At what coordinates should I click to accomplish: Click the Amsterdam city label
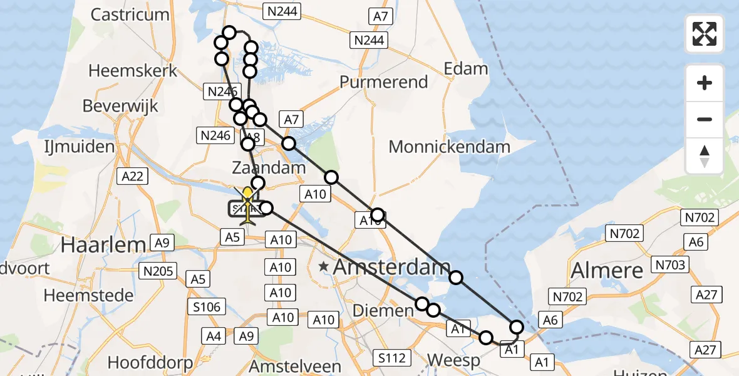pos(391,268)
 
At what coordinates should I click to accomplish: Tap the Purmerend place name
pos(384,82)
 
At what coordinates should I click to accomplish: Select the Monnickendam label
pos(450,147)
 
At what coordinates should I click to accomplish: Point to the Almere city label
pos(607,271)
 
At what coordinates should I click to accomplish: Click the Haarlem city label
pos(103,245)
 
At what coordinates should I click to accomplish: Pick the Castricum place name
pos(130,14)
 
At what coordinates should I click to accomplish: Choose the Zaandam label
pos(269,168)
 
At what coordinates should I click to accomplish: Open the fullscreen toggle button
pos(705,34)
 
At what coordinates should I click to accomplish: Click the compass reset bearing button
pos(705,156)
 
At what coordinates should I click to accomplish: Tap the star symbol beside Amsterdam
pos(324,267)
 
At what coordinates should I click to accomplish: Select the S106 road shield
pos(207,306)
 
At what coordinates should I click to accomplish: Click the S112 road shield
pos(393,358)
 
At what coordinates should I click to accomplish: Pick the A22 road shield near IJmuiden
pos(133,177)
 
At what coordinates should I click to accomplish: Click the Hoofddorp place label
pos(145,362)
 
